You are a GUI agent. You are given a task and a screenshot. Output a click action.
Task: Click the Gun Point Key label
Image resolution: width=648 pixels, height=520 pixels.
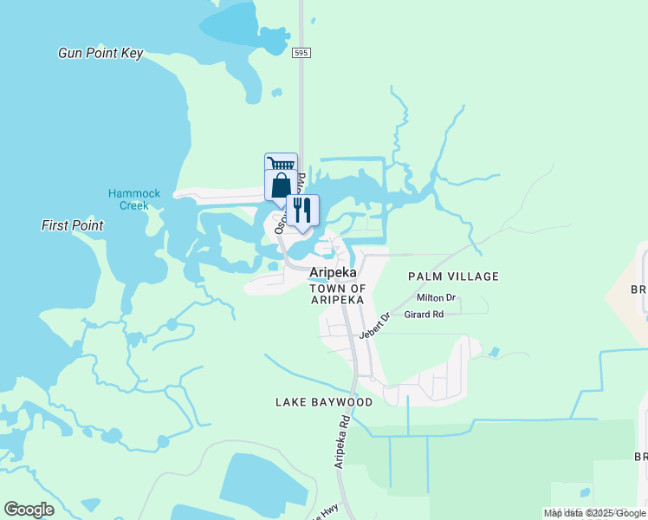(x=100, y=53)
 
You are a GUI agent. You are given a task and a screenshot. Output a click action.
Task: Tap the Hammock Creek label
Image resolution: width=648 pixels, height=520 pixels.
(x=134, y=199)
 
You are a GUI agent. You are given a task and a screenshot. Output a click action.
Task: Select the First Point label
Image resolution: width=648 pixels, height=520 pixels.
(x=73, y=225)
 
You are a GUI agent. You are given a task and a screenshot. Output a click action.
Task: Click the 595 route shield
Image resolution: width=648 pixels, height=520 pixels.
(x=301, y=53)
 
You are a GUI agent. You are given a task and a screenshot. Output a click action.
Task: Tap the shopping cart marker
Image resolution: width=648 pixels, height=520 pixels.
(x=281, y=163)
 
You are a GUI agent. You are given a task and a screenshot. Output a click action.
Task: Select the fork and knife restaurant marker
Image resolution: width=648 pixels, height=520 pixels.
(x=302, y=210)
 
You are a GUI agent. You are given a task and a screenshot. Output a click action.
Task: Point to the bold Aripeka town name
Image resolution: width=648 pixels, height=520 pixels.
(x=334, y=271)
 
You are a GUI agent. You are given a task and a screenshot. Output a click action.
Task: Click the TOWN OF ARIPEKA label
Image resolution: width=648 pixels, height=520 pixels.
(x=338, y=294)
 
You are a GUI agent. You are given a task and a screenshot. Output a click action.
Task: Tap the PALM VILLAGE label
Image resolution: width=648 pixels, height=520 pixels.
(x=453, y=276)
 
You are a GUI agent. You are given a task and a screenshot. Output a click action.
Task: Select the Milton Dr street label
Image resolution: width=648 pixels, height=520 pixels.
(x=436, y=298)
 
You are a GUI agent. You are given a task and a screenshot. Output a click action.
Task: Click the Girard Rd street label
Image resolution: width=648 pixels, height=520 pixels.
(x=424, y=314)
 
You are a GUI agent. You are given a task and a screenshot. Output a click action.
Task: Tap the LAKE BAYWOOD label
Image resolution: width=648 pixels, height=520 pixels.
(x=324, y=402)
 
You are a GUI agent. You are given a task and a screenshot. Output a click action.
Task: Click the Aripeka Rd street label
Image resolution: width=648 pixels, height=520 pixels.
(x=343, y=443)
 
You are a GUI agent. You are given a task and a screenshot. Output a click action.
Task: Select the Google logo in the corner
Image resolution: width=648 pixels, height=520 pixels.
(x=29, y=510)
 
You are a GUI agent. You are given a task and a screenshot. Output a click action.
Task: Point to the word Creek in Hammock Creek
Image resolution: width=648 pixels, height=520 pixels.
(x=134, y=205)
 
